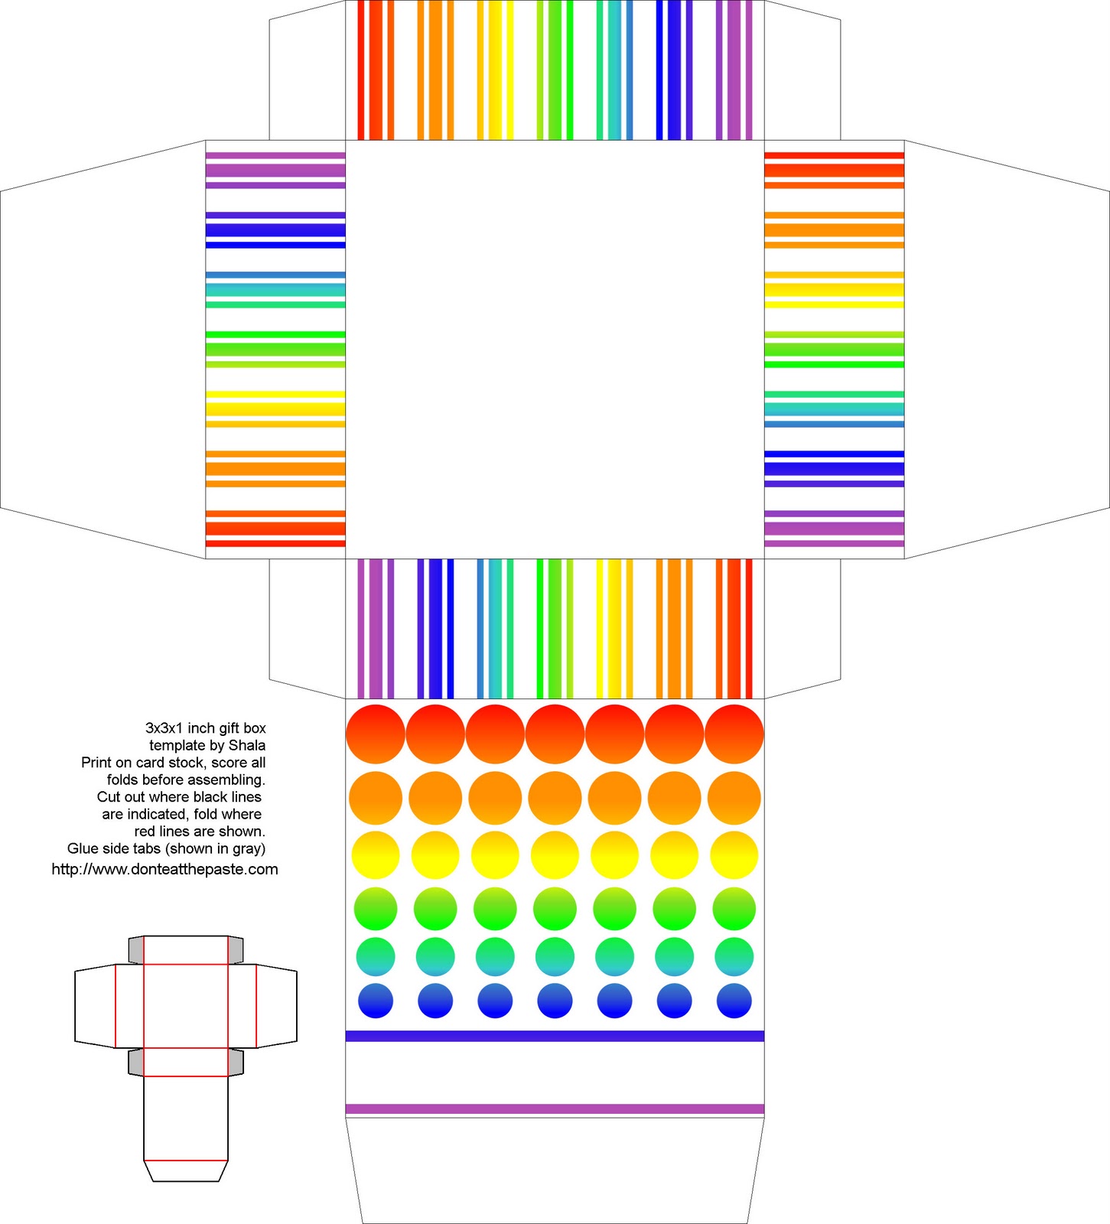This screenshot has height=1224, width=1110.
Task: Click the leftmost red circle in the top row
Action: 376,734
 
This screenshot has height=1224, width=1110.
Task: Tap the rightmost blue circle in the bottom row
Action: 734,1001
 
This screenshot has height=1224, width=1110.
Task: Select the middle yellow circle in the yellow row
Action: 555,855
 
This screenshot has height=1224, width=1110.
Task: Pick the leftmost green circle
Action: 376,909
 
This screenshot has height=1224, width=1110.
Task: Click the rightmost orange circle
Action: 734,798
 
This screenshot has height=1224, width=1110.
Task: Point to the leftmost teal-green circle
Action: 376,956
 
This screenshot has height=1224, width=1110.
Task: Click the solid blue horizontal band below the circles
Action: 555,1036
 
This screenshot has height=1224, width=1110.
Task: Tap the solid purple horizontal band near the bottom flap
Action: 555,1109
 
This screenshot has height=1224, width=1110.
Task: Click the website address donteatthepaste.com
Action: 164,869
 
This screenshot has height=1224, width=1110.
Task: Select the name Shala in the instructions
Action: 247,745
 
